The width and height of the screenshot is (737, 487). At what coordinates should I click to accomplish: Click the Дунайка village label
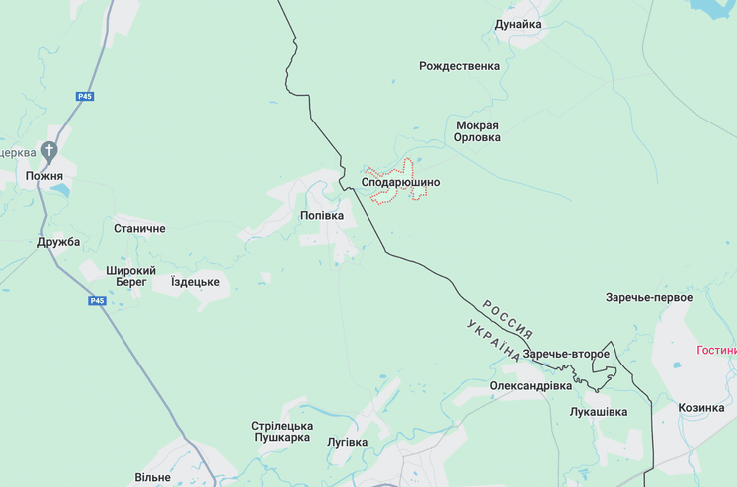pos(518,24)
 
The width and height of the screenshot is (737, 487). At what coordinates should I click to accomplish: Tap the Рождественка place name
pos(459,67)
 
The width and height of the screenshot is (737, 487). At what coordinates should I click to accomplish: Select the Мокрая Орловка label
pos(477,132)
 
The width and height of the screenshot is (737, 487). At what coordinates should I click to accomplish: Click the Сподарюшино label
pos(400,183)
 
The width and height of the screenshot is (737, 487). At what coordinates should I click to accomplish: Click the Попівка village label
pos(322,215)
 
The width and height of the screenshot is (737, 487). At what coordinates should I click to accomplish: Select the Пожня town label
pos(44,176)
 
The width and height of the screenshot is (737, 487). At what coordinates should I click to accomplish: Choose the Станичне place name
pos(139,229)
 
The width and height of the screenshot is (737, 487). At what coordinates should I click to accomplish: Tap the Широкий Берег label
pos(131,276)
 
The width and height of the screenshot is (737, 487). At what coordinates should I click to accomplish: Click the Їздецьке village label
pos(195,282)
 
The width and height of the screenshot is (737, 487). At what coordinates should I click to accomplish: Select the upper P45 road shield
pos(85,96)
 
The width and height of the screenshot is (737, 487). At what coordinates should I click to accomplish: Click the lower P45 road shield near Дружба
pos(97,301)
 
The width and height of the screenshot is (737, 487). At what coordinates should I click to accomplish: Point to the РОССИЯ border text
pos(507,319)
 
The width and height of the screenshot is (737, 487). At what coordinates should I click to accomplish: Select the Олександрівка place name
pos(531,385)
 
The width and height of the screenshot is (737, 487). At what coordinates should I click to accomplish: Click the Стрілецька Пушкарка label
pos(283,431)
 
